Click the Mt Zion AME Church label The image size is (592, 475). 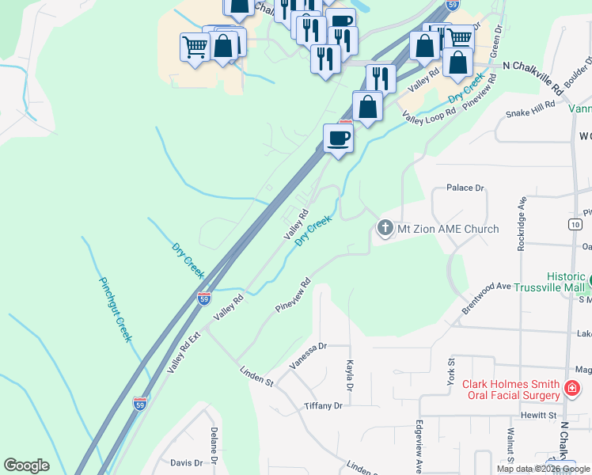(448, 230)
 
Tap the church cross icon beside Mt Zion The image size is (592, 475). (385, 229)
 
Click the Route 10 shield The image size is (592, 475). (575, 225)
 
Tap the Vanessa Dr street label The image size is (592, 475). (308, 356)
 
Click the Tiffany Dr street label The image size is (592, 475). (323, 405)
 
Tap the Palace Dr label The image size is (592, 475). (465, 188)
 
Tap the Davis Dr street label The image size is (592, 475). (187, 462)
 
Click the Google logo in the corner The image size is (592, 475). (26, 465)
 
